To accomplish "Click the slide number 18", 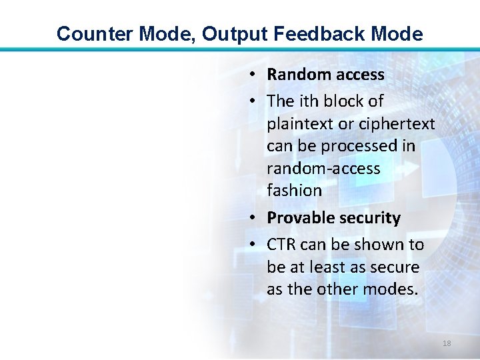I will coord(447,343).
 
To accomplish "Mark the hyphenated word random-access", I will coord(323,168).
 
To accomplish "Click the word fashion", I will coord(294,190).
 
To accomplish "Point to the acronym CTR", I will coord(281,245).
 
